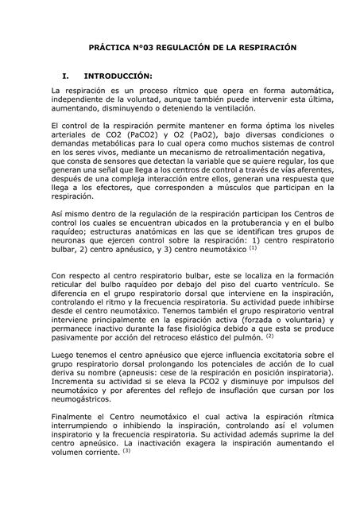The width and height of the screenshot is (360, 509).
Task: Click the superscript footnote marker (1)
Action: [253, 247]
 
